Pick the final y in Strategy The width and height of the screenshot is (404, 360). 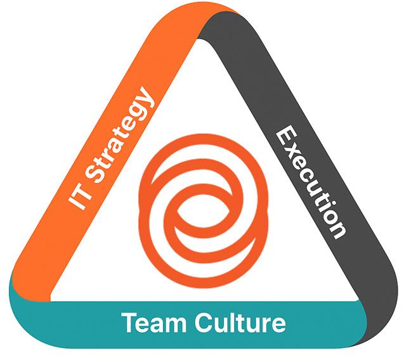(x=147, y=99)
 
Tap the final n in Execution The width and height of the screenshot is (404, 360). (x=337, y=228)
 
